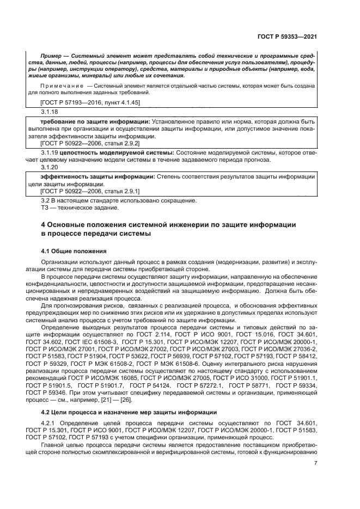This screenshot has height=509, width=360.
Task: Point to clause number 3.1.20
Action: (50, 168)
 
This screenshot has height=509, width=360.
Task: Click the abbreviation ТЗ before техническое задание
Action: (45, 207)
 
